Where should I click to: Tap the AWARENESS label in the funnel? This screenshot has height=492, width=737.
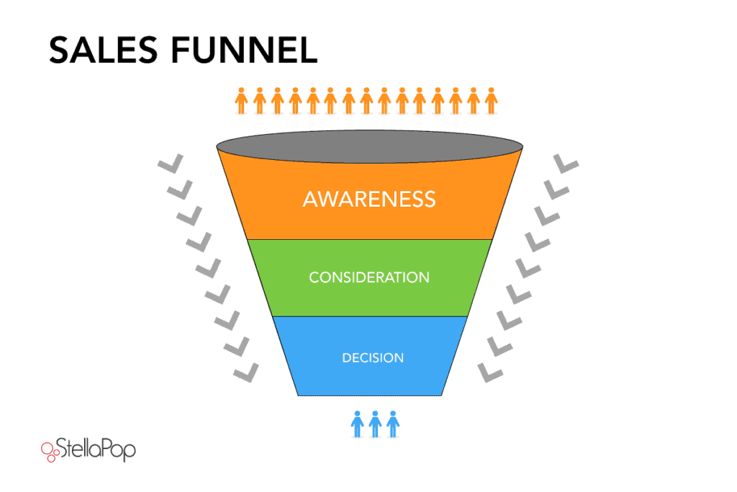[369, 198]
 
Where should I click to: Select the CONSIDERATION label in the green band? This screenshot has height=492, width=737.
[369, 277]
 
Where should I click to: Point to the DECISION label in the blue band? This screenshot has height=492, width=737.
[373, 357]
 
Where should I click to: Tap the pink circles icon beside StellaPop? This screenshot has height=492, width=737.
[50, 451]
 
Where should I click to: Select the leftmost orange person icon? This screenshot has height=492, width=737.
[241, 100]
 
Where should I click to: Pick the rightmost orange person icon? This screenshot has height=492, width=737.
[492, 100]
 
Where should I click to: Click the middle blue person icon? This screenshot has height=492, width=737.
[374, 423]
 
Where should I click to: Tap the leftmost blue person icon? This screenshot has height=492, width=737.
[357, 423]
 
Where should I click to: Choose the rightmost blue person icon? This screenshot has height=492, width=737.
[392, 423]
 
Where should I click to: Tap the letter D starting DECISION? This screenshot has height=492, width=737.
[346, 357]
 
